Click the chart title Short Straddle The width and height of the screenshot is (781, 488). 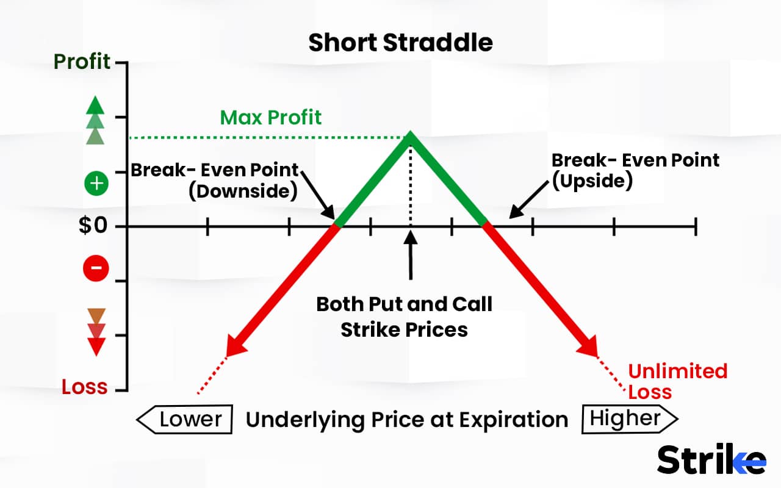(x=400, y=43)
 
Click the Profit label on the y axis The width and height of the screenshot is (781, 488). (x=82, y=62)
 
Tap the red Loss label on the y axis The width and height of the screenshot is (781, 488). (x=84, y=387)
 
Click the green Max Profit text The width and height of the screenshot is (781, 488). (x=271, y=117)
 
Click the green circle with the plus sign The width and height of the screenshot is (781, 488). (x=96, y=184)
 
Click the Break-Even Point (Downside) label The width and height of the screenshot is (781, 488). (x=214, y=180)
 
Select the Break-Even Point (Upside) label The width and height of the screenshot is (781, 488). (x=635, y=170)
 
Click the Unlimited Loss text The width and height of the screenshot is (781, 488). (x=677, y=381)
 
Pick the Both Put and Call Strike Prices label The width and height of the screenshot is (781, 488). (x=404, y=317)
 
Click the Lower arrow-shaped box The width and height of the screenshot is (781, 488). (x=184, y=420)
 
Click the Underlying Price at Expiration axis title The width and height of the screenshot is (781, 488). (x=406, y=420)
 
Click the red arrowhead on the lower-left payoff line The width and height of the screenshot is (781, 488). (x=235, y=346)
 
